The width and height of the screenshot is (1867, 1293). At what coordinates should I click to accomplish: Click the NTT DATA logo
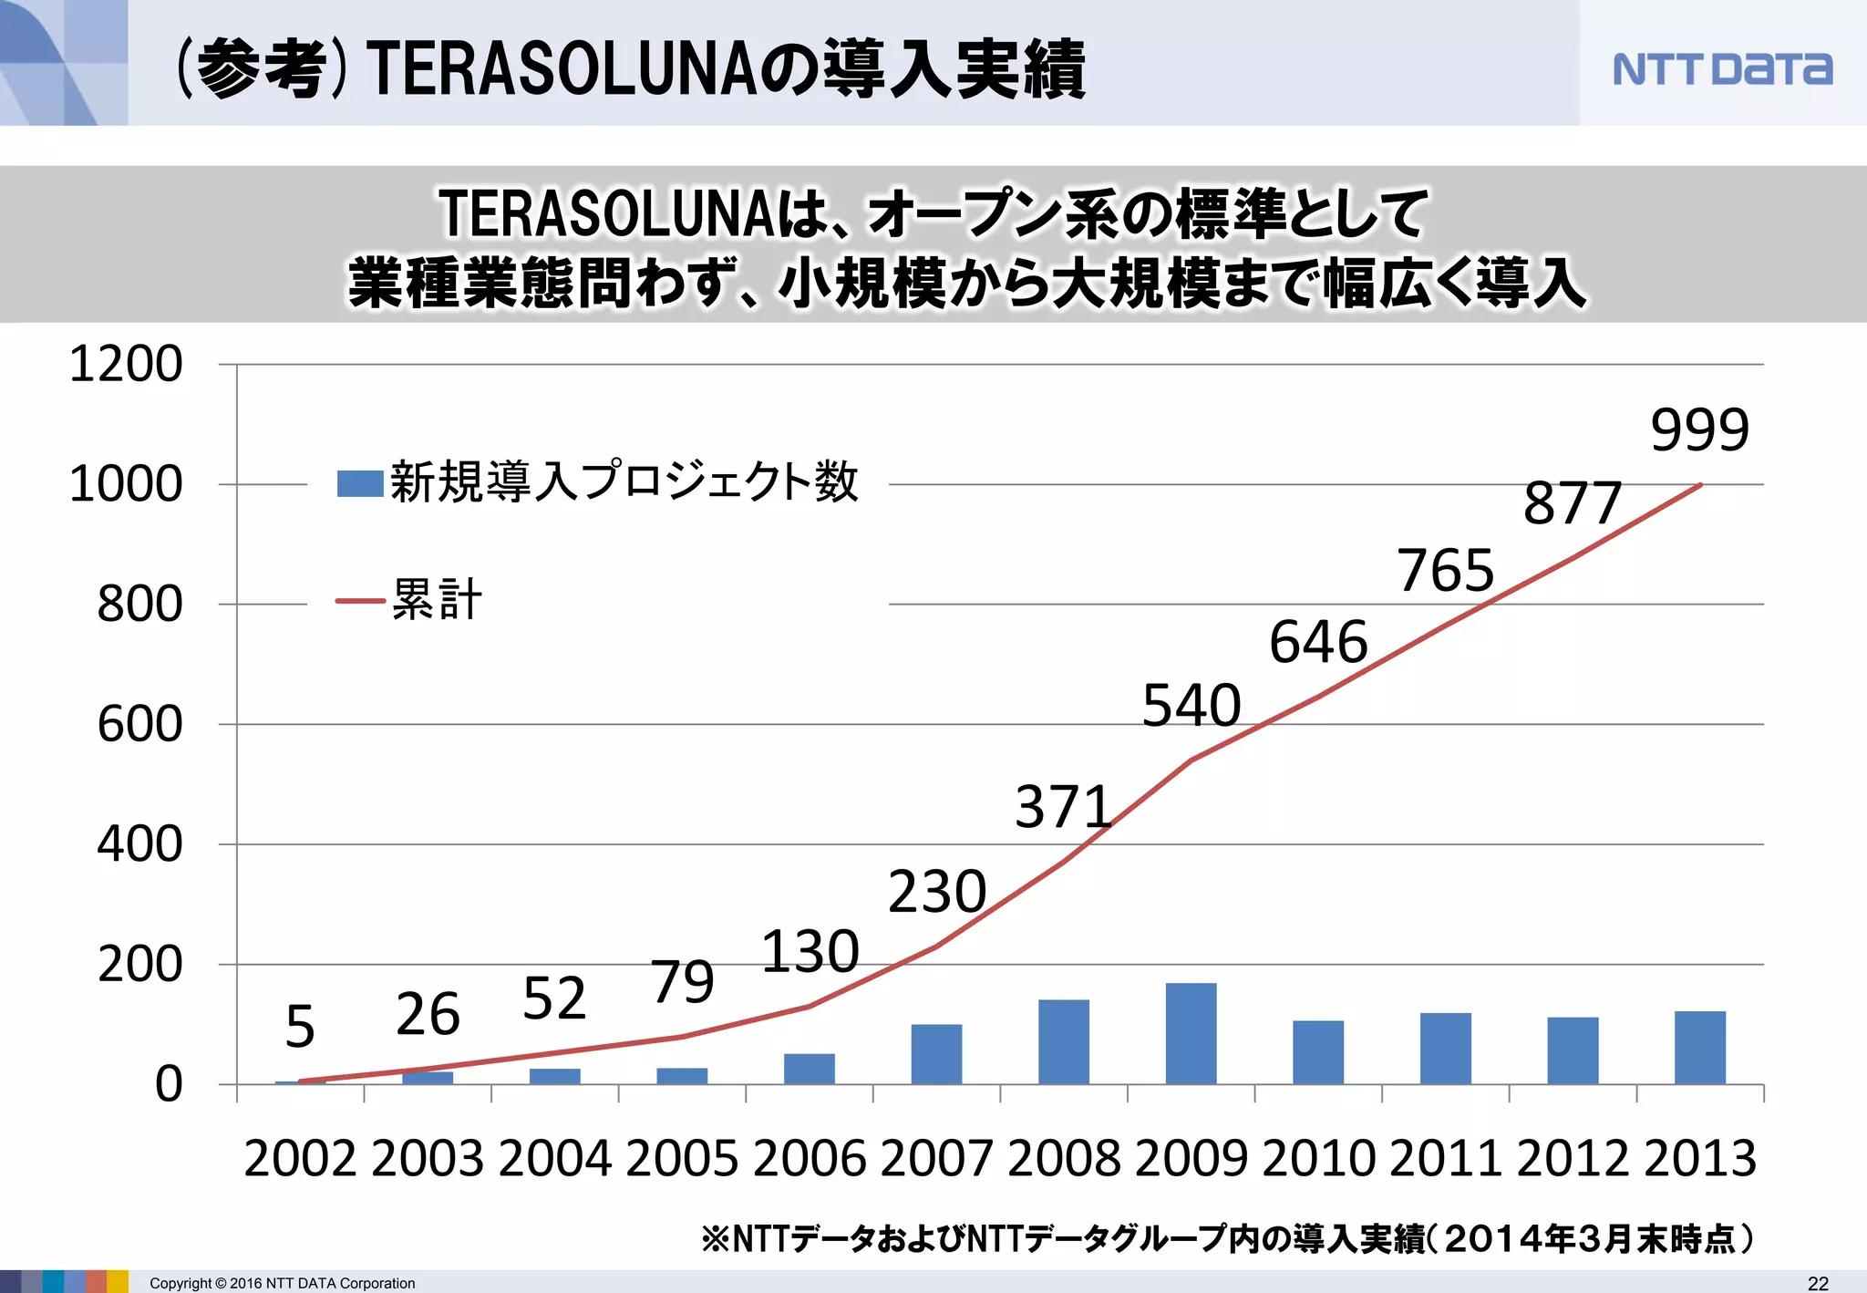coord(1721,69)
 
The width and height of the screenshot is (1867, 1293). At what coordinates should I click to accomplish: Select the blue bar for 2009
coord(1191,1033)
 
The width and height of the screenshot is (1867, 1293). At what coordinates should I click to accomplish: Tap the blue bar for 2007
coord(936,1054)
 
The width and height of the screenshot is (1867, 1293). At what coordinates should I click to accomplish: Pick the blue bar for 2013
coord(1699,1048)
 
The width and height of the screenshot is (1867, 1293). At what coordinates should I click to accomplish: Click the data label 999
coord(1699,429)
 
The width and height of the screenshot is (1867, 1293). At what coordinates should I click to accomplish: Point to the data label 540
coord(1191,705)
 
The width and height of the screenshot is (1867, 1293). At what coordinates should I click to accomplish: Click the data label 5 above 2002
coord(300,1026)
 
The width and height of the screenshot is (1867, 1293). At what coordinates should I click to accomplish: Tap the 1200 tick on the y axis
coord(126,364)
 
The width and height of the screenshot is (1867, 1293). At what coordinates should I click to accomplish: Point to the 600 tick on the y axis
coord(139,725)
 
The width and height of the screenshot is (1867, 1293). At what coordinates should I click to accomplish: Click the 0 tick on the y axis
coord(169,1085)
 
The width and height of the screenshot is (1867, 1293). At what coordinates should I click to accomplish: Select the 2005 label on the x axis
coord(682,1159)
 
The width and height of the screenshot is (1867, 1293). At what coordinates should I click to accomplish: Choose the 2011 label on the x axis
coord(1445,1159)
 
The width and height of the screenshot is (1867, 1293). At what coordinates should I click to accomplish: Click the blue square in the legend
coord(359,483)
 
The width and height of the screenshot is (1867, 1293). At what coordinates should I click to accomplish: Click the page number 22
coord(1818,1283)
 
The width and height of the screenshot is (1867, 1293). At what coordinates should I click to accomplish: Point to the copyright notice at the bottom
coord(282,1283)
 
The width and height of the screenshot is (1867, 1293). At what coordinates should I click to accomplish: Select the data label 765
coord(1445,571)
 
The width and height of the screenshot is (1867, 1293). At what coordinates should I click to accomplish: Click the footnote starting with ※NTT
coord(1227,1238)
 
